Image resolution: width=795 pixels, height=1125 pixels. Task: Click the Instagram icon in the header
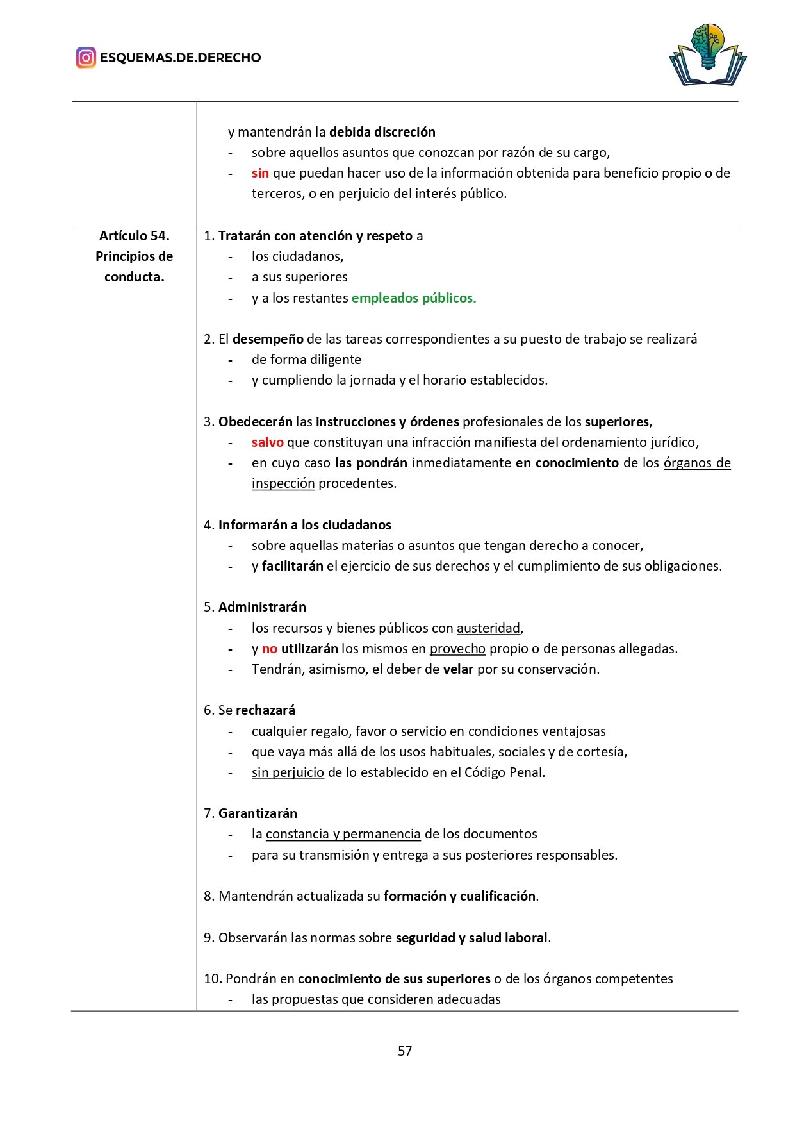click(x=86, y=58)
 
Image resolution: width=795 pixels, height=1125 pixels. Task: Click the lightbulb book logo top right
click(x=708, y=55)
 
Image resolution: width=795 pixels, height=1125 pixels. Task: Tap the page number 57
click(x=405, y=1051)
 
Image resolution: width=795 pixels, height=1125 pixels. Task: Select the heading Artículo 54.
click(x=134, y=236)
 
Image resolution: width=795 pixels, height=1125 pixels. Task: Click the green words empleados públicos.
click(x=414, y=298)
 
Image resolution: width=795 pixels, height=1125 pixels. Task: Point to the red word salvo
click(x=267, y=442)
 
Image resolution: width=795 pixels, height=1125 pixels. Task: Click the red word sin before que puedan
click(x=260, y=173)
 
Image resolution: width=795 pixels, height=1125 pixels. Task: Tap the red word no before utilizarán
click(x=269, y=649)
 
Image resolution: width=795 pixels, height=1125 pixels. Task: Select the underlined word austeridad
click(x=488, y=628)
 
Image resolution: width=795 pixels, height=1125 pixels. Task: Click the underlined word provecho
click(x=457, y=649)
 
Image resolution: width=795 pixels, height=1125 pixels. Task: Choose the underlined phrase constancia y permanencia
click(x=343, y=834)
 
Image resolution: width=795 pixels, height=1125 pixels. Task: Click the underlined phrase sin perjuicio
click(x=288, y=772)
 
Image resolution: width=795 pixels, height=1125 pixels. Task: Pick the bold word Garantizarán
click(x=258, y=813)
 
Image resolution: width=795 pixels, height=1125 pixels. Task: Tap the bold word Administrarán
click(x=262, y=607)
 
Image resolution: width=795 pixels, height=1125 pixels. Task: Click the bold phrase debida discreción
click(x=382, y=132)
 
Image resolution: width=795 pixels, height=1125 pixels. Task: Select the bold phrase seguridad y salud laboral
click(x=471, y=938)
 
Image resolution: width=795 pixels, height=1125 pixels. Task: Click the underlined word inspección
click(x=283, y=483)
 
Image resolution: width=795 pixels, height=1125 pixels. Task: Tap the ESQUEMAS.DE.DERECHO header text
click(x=180, y=58)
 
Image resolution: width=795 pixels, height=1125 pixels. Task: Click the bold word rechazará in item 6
click(x=265, y=710)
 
